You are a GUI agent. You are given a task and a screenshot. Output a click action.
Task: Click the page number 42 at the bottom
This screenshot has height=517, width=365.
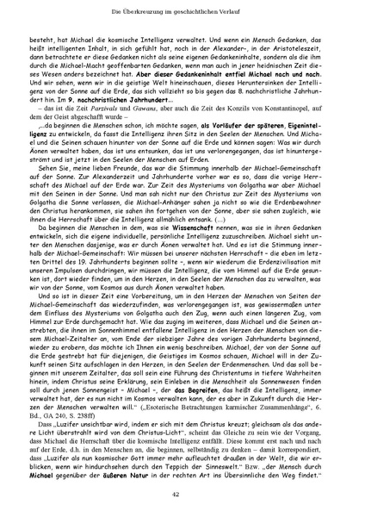182,494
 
